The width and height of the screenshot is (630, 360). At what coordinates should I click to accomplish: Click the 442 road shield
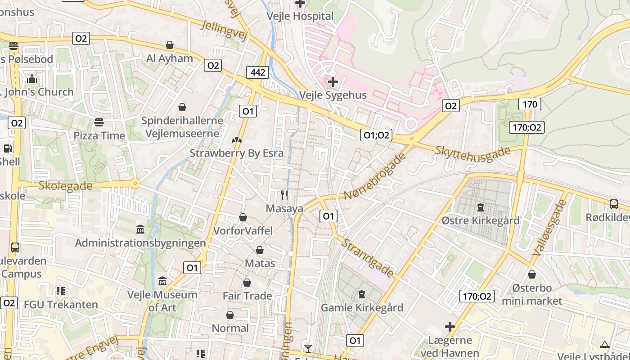[x=257, y=72]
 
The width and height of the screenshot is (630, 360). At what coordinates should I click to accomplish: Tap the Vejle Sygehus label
[x=333, y=95]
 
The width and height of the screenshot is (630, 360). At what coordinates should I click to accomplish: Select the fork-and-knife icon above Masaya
[x=284, y=195]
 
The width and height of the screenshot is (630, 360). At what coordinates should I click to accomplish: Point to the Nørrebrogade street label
[x=373, y=175]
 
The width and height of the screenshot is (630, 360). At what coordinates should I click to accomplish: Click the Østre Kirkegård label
[x=481, y=220]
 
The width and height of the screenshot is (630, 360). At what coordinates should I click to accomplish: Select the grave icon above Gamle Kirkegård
[x=361, y=295]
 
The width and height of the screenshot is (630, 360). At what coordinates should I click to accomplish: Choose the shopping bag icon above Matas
[x=260, y=250]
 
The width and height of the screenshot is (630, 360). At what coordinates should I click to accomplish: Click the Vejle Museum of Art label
[x=162, y=301]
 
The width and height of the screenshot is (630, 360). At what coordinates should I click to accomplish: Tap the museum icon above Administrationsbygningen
[x=140, y=229]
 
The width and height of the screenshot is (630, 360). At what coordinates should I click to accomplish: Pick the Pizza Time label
[x=99, y=135]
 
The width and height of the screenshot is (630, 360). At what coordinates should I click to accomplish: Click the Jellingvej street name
[x=225, y=31]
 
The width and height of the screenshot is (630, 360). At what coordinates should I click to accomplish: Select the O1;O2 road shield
[x=376, y=135]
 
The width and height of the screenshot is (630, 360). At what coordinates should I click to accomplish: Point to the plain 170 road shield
[x=530, y=104]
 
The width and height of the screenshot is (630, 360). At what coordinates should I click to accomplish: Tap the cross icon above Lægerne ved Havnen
[x=450, y=327]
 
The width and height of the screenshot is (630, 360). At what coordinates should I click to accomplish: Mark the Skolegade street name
[x=66, y=186]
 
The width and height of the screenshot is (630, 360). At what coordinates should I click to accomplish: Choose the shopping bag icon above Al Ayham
[x=170, y=45]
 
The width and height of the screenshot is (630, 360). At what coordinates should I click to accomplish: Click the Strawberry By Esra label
[x=237, y=153]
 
